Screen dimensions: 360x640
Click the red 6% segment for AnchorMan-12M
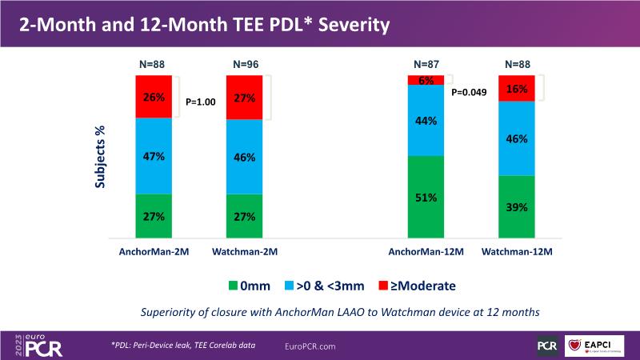coord(426,80)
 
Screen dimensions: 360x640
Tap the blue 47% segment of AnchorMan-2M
coord(154,156)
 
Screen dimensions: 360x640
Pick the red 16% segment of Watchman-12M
coord(516,89)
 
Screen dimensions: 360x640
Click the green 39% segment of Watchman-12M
coord(516,207)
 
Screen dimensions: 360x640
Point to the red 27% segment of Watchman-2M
coord(245,98)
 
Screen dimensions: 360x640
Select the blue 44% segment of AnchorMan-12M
coord(426,120)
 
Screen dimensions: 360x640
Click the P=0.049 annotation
coord(470,92)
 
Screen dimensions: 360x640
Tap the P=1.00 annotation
coord(202,102)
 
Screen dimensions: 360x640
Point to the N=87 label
coord(426,63)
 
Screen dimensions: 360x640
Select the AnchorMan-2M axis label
coord(154,252)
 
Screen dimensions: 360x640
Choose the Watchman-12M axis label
coord(516,252)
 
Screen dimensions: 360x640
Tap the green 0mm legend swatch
coord(232,284)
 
